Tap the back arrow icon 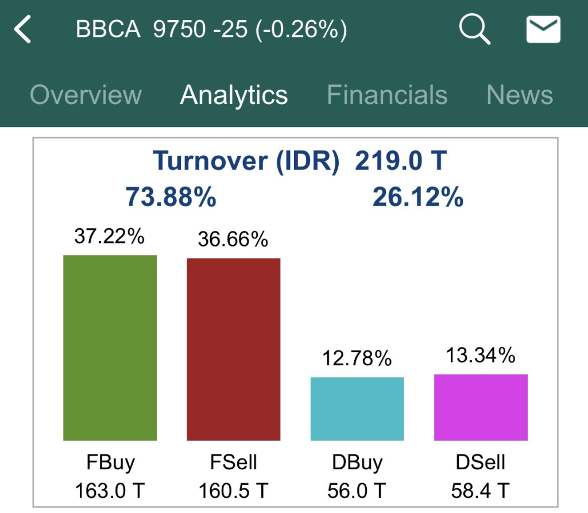coord(23,30)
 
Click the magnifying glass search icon coord(474,29)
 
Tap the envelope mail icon coord(543,29)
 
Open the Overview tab coord(86,95)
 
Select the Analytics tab coord(234,95)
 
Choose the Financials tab coord(387,95)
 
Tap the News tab coord(520,95)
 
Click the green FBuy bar coord(110,348)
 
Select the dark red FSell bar coord(234,349)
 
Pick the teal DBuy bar coord(357,408)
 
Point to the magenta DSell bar coord(481,407)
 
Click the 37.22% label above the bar coord(110,236)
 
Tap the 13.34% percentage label coord(481,356)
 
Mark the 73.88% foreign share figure coord(171,198)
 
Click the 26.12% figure coord(418,198)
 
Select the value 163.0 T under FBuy coord(110,491)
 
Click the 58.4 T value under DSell coord(481,491)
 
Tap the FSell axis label coord(234,462)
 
